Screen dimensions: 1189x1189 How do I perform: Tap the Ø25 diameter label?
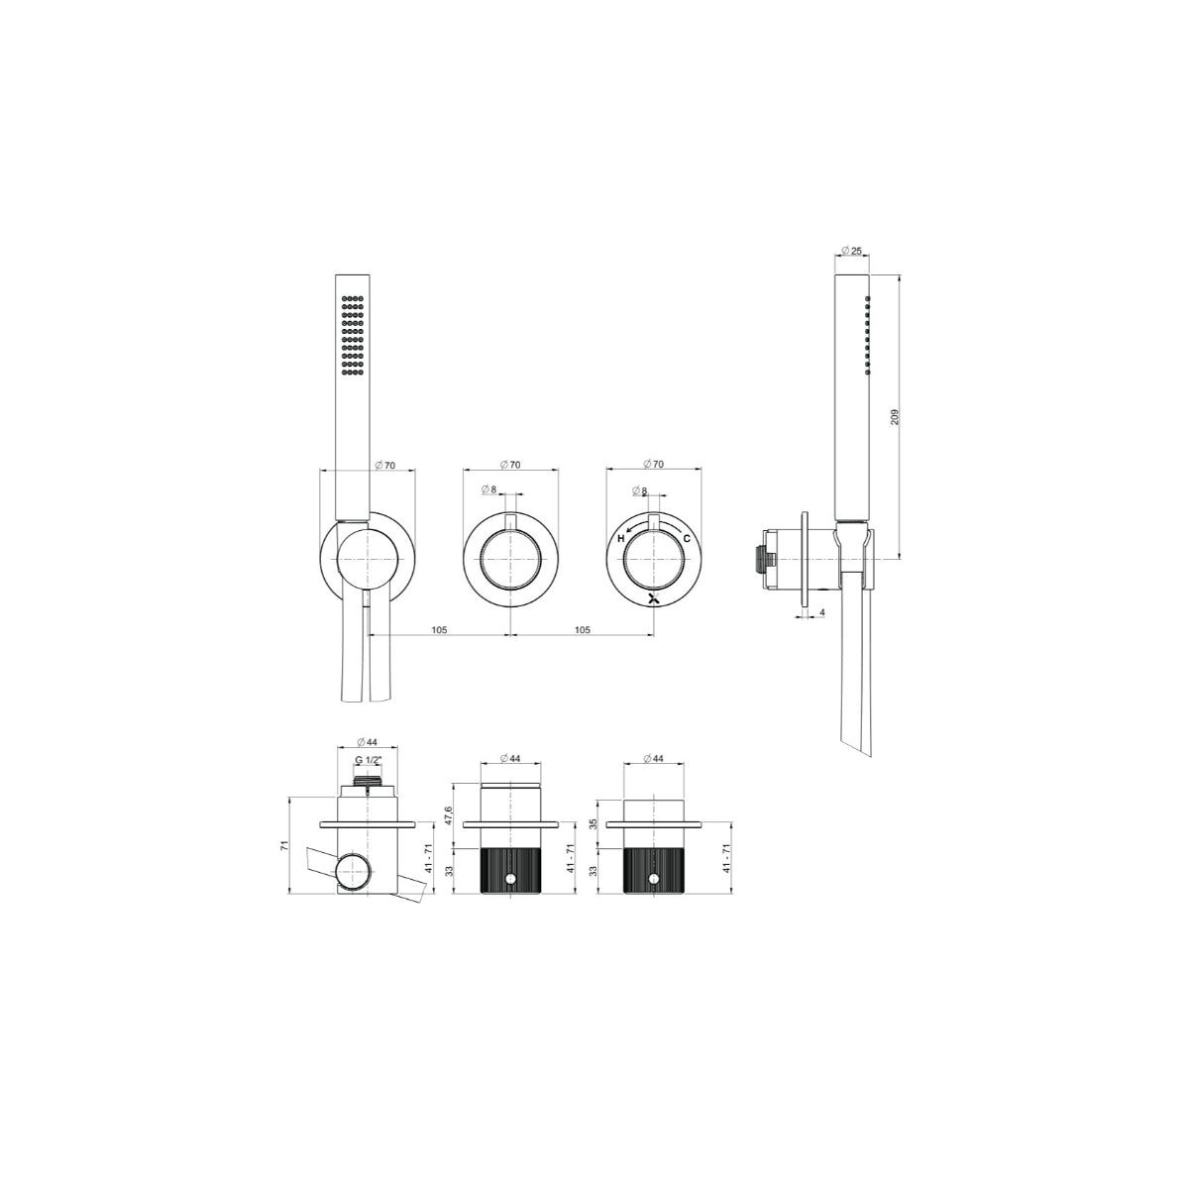[851, 251]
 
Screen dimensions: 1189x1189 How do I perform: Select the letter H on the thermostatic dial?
[621, 539]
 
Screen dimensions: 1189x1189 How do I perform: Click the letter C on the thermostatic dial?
[687, 539]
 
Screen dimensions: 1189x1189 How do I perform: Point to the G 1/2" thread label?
[369, 760]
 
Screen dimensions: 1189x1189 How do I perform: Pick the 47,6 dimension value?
[449, 815]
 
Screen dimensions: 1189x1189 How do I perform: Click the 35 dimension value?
[594, 824]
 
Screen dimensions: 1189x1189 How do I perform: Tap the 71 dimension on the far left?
[284, 846]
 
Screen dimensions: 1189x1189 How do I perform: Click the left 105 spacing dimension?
[439, 630]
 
